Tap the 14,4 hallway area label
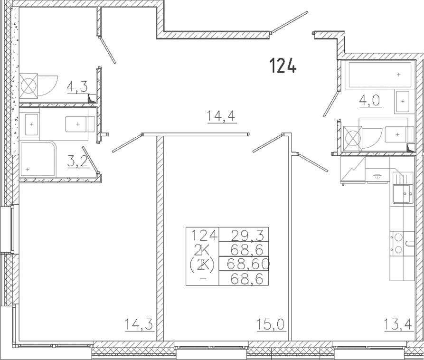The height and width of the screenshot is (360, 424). point(221,116)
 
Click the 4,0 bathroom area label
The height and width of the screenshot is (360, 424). point(369,101)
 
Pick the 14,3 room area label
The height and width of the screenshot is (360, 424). point(139,324)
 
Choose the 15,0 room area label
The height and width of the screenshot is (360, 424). point(271,324)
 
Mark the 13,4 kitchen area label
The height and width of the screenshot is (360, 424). point(398,324)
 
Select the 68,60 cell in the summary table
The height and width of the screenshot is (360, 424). point(248,264)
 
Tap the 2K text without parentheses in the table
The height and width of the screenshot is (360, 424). point(202,250)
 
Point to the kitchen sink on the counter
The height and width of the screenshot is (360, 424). point(403,193)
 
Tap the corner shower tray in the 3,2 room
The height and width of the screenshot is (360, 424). point(38,160)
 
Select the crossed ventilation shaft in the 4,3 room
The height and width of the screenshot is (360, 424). point(28,86)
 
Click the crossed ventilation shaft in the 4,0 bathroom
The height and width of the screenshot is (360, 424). point(352,139)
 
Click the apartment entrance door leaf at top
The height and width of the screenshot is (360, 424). point(289,22)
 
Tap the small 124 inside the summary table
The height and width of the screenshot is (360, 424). point(205,235)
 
